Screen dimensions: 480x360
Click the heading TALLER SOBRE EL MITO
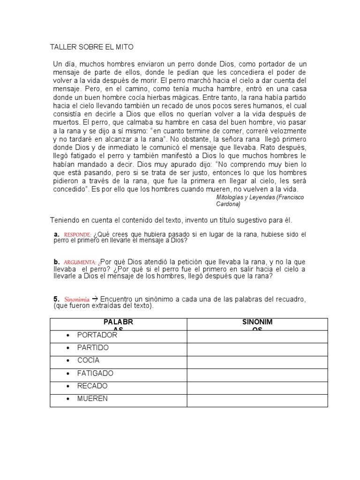click(x=91, y=47)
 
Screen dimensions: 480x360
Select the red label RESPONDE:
click(x=77, y=234)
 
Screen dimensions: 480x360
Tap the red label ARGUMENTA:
click(x=80, y=262)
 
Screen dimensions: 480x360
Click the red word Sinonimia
click(x=76, y=299)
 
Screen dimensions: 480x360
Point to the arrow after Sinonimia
click(x=95, y=299)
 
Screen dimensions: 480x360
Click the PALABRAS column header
click(x=118, y=324)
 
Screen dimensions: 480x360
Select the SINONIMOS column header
click(x=257, y=324)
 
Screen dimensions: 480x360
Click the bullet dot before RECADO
click(x=68, y=386)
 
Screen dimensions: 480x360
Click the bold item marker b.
click(x=56, y=262)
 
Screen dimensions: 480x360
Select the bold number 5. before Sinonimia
click(x=56, y=299)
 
